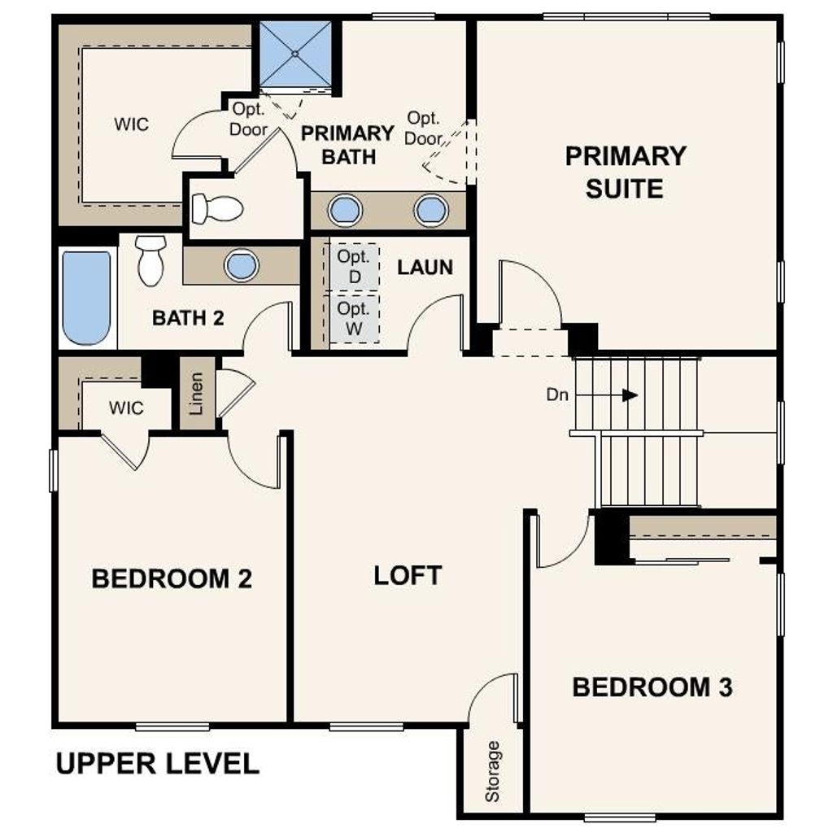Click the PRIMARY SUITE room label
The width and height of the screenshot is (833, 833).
pyautogui.click(x=626, y=172)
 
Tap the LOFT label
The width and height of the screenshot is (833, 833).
pyautogui.click(x=408, y=575)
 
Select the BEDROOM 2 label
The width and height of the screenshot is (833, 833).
pyautogui.click(x=172, y=578)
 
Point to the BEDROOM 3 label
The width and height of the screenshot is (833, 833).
pyautogui.click(x=652, y=687)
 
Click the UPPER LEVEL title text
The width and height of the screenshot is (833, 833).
pyautogui.click(x=157, y=763)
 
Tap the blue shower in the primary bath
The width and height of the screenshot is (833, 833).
pyautogui.click(x=295, y=55)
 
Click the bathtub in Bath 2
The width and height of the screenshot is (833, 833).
pyautogui.click(x=86, y=298)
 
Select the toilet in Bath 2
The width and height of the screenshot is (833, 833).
pyautogui.click(x=150, y=260)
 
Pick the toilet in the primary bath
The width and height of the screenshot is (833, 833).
pyautogui.click(x=217, y=208)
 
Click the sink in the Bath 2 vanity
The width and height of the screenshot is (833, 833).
pyautogui.click(x=242, y=264)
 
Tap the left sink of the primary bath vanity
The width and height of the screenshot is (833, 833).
pyautogui.click(x=345, y=210)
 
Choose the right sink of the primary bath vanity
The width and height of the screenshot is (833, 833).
pyautogui.click(x=431, y=210)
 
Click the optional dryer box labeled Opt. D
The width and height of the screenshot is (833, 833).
pyautogui.click(x=354, y=267)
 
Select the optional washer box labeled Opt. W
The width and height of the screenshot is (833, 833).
pyautogui.click(x=354, y=318)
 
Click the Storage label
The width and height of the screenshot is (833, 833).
pyautogui.click(x=492, y=771)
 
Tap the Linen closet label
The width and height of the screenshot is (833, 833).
pyautogui.click(x=197, y=394)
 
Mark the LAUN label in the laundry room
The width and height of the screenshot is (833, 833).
pyautogui.click(x=425, y=267)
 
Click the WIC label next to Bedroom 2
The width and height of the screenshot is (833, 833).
pyautogui.click(x=126, y=408)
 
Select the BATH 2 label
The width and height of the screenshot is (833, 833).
pyautogui.click(x=188, y=318)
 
